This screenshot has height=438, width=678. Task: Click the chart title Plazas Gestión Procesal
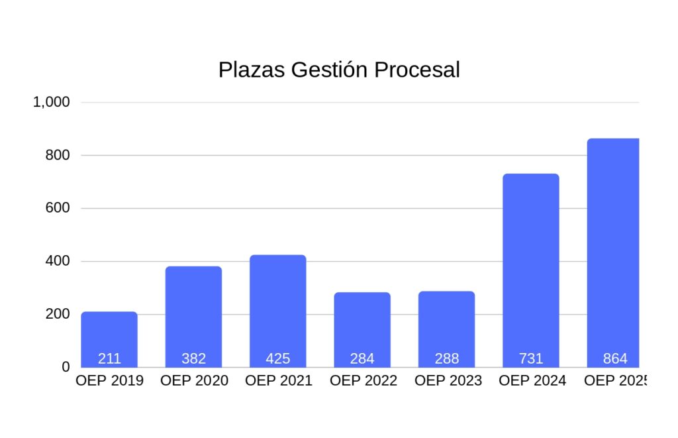(x=339, y=70)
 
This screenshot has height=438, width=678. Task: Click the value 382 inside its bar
(x=194, y=359)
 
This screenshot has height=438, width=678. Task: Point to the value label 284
(x=362, y=359)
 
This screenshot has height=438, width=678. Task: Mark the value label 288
(x=447, y=359)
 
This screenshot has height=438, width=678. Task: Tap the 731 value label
(x=531, y=359)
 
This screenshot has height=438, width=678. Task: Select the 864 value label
(x=615, y=359)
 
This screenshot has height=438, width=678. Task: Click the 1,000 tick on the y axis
(x=52, y=102)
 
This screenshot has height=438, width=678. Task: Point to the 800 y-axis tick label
(x=57, y=155)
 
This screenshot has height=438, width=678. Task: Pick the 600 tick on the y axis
(x=57, y=208)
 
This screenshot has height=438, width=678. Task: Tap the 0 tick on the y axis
(x=66, y=367)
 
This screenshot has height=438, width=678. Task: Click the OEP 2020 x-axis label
(x=194, y=381)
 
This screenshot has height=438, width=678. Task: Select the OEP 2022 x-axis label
(x=363, y=381)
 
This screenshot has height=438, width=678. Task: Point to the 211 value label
(x=109, y=359)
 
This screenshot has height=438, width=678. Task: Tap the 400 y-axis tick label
(x=57, y=261)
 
